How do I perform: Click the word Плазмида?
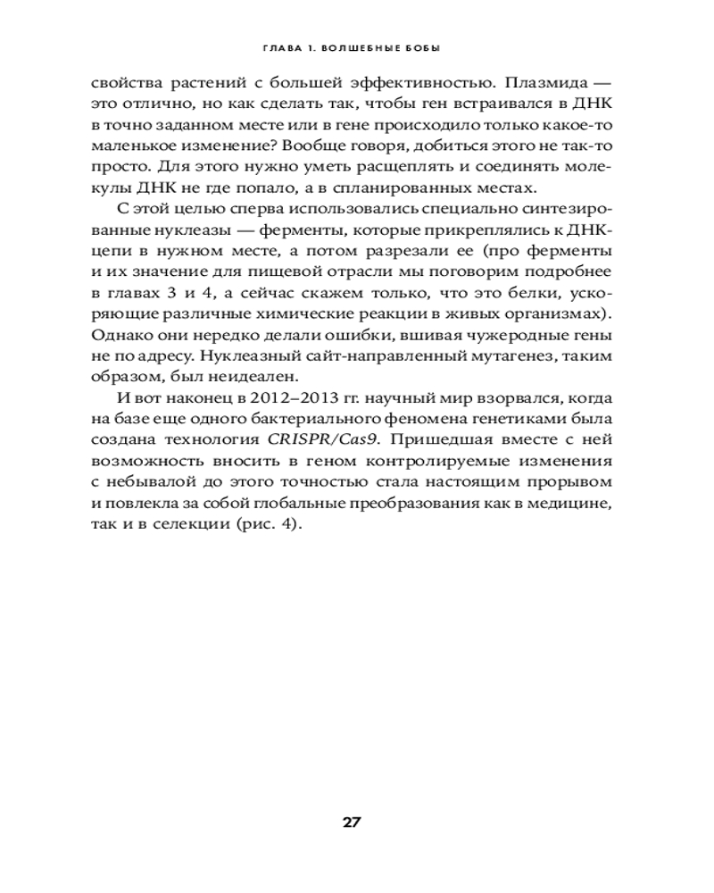(x=543, y=84)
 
